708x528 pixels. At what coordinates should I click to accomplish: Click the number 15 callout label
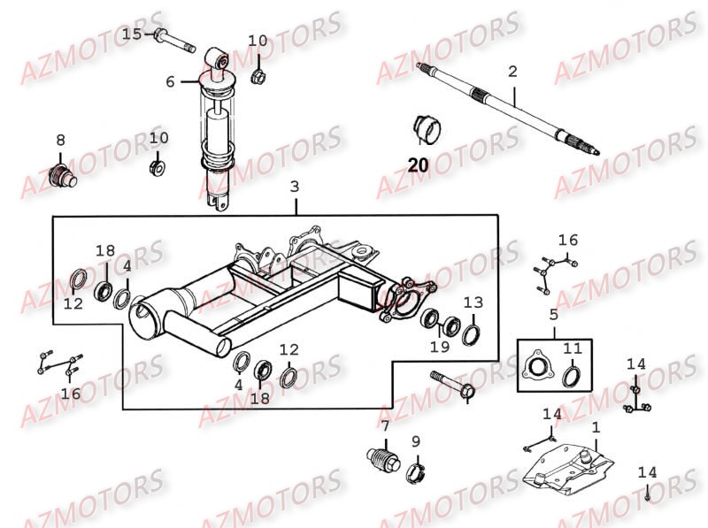point(131,34)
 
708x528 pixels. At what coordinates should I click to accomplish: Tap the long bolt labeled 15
point(177,41)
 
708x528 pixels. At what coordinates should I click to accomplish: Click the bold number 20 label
point(418,164)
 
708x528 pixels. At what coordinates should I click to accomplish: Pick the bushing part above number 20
point(426,128)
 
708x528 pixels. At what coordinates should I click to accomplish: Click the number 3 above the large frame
point(295,187)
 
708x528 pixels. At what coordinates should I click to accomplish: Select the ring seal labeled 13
point(472,333)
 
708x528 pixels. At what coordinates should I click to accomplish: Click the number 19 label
point(440,348)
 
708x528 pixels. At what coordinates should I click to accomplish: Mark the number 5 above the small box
point(553,314)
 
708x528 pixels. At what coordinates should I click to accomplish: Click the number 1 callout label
point(596,427)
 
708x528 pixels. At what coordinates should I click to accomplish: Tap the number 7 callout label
point(385,425)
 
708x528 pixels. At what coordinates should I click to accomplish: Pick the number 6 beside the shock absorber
point(170,81)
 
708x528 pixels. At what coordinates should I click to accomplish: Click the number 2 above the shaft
point(512,71)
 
